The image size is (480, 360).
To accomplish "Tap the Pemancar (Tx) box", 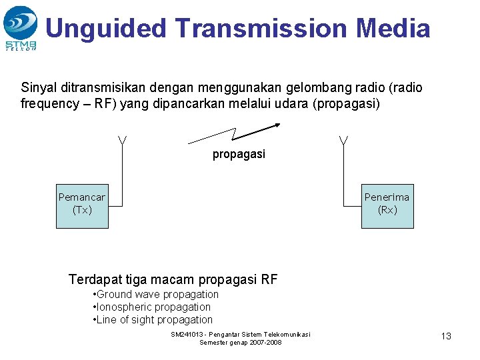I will pyautogui.click(x=82, y=203).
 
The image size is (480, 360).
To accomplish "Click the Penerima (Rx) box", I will pyautogui.click(x=387, y=203).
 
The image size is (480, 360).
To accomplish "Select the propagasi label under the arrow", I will pyautogui.click(x=239, y=155).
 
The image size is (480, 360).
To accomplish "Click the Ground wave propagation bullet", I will pyautogui.click(x=157, y=295).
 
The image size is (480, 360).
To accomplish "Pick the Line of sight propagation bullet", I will pyautogui.click(x=154, y=320).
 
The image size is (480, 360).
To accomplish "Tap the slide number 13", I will pyautogui.click(x=446, y=336).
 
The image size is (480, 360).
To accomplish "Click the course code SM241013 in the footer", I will pyautogui.click(x=189, y=334).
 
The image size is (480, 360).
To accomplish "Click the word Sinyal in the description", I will pyautogui.click(x=38, y=88).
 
